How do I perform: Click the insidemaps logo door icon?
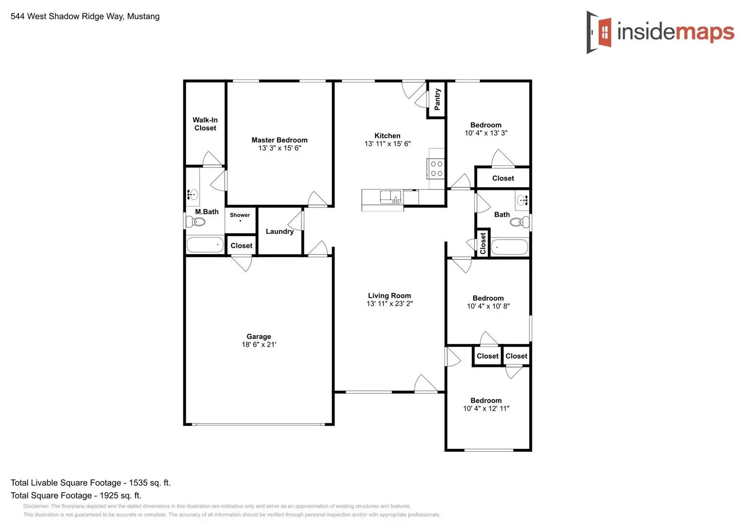[x=600, y=32]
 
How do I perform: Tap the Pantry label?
[x=438, y=99]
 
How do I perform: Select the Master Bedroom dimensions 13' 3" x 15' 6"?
[x=280, y=148]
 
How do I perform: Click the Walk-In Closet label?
[x=205, y=124]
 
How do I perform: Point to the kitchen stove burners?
[x=436, y=169]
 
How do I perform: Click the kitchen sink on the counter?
[x=390, y=197]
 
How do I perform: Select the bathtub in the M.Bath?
[x=205, y=244]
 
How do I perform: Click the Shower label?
[x=240, y=215]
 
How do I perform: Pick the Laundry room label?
[x=280, y=231]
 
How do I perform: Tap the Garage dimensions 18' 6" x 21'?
[x=259, y=345]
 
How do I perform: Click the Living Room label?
[x=389, y=295]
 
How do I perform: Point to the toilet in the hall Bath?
[x=519, y=223]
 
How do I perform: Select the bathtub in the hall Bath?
[x=509, y=247]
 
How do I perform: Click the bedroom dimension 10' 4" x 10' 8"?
[x=488, y=306]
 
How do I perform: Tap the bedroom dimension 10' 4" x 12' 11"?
[x=486, y=408]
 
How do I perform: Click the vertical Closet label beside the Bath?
[x=483, y=243]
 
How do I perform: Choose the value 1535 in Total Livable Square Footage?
[x=138, y=483]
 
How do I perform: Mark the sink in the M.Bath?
[x=193, y=195]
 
